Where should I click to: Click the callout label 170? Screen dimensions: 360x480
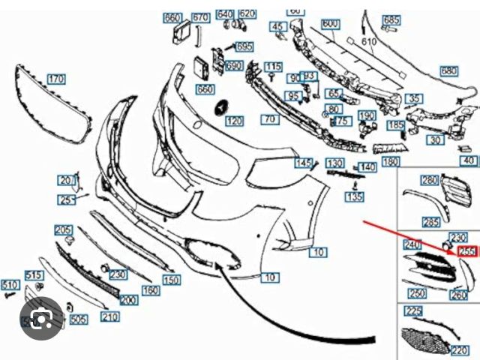pos(56,79)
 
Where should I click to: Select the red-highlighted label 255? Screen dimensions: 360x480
pos(467,252)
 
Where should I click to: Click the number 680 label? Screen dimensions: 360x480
pos(448,71)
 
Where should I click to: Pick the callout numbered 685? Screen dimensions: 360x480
pos(391,20)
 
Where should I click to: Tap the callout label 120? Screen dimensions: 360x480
pos(234,121)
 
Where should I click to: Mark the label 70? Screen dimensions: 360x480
pos(269,118)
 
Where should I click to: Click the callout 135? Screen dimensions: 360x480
pos(355,197)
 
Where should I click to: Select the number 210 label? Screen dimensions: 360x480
pos(109,317)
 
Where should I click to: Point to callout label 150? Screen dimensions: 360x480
pos(172,280)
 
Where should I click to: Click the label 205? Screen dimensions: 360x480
pos(64,229)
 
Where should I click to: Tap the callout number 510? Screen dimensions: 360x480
pos(9,285)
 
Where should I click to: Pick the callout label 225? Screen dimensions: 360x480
pos(413,310)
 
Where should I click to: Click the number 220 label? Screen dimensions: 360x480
pos(460,349)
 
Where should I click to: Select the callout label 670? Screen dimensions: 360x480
pos(199,18)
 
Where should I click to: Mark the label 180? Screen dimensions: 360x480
pos(391,161)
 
